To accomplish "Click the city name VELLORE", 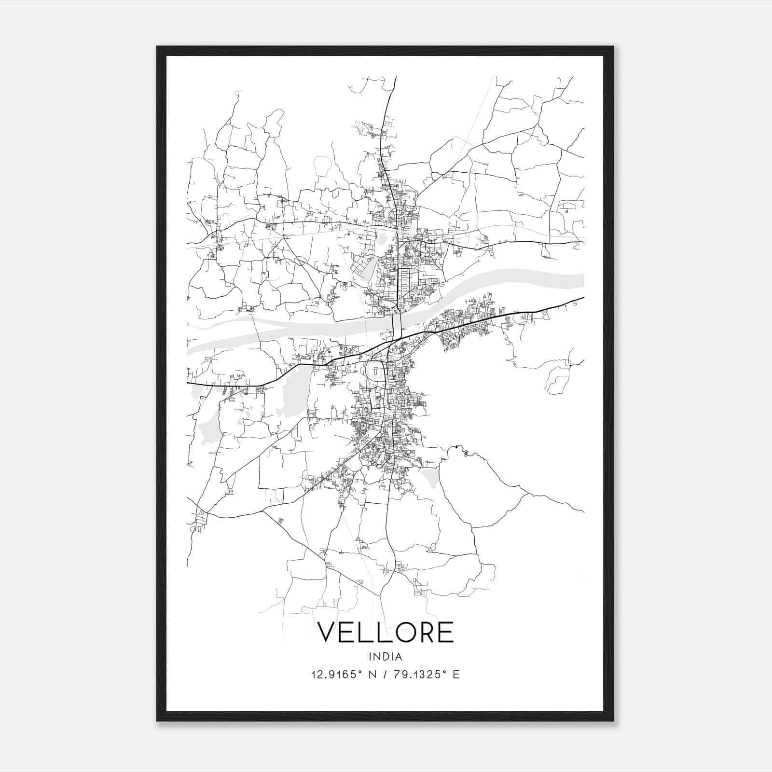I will pos(386,632).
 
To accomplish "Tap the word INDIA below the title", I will pos(386,657).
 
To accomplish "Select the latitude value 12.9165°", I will pos(336,675).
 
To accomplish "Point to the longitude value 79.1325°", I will pos(418,675).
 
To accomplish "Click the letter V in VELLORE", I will pos(329,632).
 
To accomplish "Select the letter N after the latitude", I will pos(372,675).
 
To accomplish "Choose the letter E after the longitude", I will pos(456,675).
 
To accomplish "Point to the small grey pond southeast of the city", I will pos(429,477).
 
